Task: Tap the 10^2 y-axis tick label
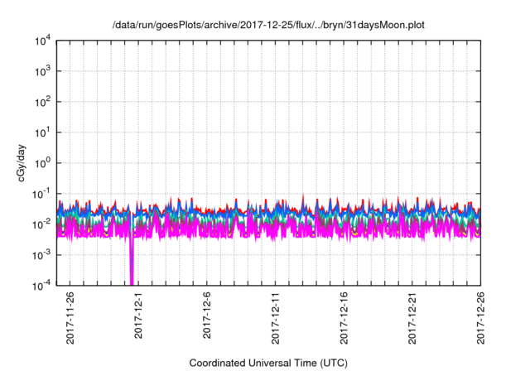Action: [41, 102]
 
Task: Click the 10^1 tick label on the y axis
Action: [41, 132]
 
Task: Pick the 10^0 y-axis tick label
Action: [41, 163]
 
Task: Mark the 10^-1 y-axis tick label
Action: [41, 194]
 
